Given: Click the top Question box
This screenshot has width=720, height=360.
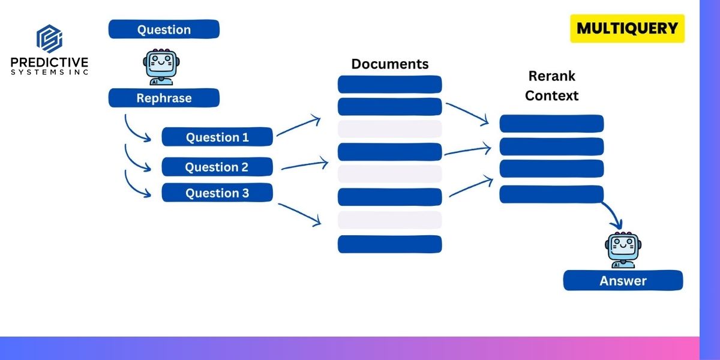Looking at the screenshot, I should (164, 29).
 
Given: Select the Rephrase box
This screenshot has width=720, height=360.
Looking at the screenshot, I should (164, 98).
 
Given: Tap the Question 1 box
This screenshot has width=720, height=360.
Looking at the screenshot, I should (217, 137).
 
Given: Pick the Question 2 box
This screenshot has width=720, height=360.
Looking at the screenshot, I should (217, 167).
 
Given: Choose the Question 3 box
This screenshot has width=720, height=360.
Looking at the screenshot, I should (217, 193).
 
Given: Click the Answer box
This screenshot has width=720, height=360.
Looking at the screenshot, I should (623, 280).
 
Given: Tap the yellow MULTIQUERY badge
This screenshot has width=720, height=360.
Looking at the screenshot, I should (627, 28).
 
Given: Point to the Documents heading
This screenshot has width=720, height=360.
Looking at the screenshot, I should (390, 64).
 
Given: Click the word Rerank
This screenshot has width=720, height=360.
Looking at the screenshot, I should (551, 76).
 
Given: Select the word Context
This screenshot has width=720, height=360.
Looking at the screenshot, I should (551, 95).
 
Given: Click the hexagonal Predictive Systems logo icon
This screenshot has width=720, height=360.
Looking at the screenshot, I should (49, 39).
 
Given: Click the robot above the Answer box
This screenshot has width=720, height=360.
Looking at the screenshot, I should (622, 250).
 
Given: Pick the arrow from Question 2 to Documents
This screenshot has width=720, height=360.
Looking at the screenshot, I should (305, 164).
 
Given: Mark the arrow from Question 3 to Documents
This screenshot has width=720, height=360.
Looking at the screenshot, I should (300, 214).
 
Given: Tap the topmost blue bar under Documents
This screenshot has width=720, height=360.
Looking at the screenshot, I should (390, 84).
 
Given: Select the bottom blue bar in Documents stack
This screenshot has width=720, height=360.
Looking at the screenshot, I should (390, 244).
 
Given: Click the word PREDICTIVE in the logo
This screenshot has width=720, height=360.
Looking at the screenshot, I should (49, 62).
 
